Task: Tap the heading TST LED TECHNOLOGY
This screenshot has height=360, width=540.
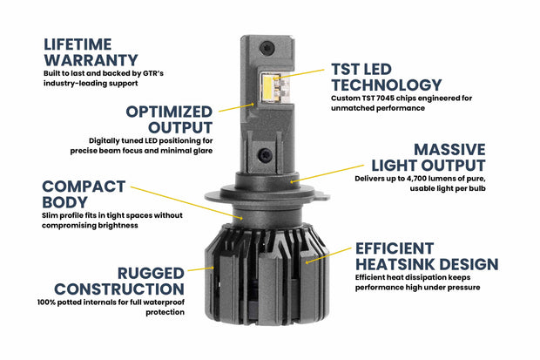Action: [383, 77]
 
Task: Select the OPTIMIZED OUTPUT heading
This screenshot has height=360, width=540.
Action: [170, 121]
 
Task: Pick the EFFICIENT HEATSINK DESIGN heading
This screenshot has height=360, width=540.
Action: [426, 255]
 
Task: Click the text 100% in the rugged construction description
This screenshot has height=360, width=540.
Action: [50, 302]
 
